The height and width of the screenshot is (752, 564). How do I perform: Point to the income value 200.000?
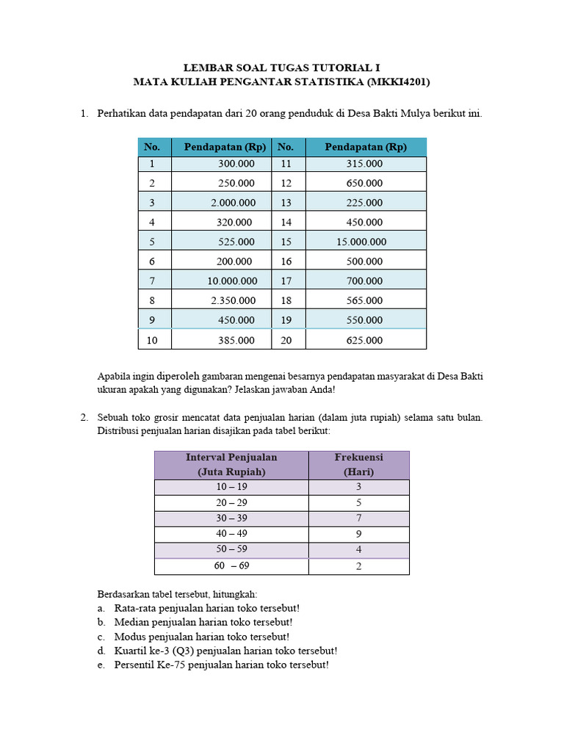tap(236, 261)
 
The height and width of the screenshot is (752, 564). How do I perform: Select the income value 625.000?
tap(365, 340)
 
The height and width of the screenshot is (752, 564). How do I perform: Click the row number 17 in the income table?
tap(286, 281)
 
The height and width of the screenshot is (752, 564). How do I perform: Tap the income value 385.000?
tap(236, 340)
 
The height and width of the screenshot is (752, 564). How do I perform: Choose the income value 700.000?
tap(365, 281)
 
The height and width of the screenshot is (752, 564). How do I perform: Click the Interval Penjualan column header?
tap(231, 464)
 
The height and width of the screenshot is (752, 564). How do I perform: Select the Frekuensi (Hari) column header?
tap(358, 464)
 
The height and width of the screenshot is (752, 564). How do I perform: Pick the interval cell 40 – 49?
tap(231, 534)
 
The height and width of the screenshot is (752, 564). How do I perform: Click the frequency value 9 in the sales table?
tap(358, 534)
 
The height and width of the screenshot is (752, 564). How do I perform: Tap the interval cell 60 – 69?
tap(231, 566)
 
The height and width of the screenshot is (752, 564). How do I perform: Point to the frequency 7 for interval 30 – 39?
tap(358, 518)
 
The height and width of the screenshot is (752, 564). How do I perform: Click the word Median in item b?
tap(131, 622)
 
